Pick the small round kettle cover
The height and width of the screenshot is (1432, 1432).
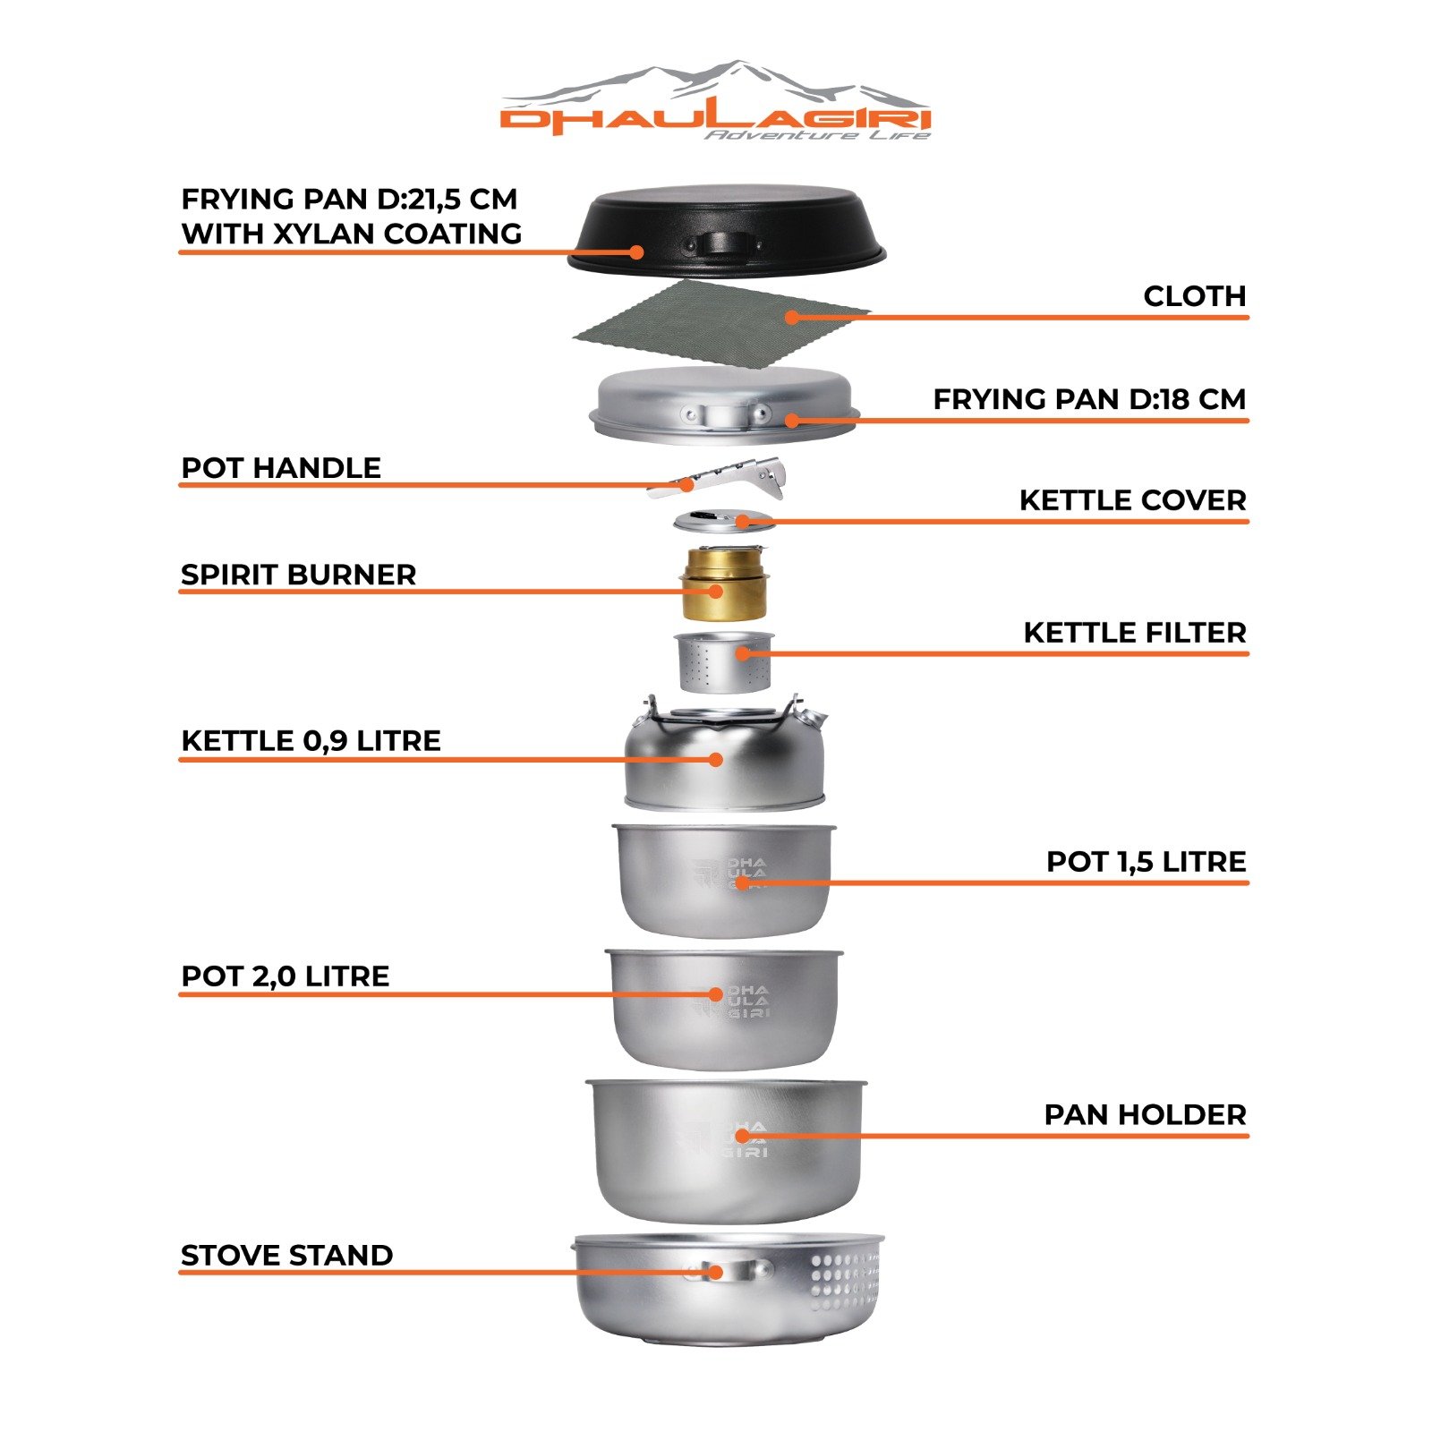click(x=723, y=521)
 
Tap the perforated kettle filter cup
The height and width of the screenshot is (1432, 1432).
click(x=723, y=662)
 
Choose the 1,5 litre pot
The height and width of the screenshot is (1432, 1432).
click(x=723, y=882)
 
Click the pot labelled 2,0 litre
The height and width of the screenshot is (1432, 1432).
click(x=723, y=1007)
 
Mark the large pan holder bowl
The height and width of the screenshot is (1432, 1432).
click(x=725, y=1150)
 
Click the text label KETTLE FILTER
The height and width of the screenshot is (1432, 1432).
click(x=1134, y=633)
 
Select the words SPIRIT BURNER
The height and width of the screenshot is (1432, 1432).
click(x=298, y=575)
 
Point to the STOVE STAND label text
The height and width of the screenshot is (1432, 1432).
click(x=286, y=1255)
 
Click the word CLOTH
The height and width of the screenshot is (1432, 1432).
click(x=1194, y=296)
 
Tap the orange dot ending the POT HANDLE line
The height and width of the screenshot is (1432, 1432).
click(x=686, y=485)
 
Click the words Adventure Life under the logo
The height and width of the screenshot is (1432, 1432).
click(x=816, y=135)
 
